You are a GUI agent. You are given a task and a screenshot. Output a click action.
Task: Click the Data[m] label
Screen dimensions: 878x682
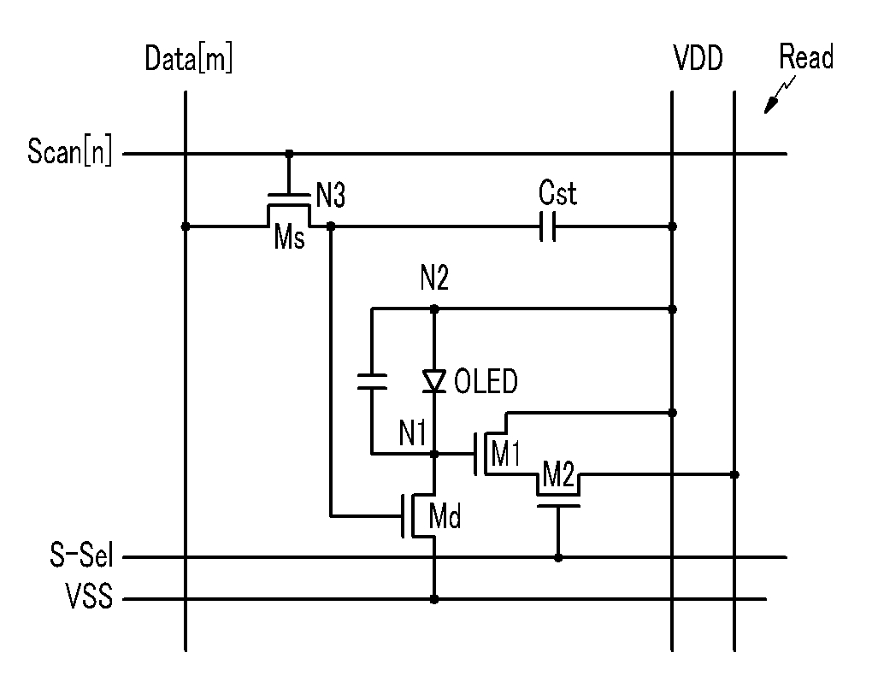click(189, 58)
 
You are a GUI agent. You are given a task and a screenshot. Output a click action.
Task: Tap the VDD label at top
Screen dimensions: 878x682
click(698, 58)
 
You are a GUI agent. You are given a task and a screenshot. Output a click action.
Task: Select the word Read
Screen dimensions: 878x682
click(806, 56)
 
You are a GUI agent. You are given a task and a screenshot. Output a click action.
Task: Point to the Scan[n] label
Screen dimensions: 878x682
click(70, 150)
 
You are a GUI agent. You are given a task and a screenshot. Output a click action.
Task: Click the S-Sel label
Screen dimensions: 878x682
click(81, 555)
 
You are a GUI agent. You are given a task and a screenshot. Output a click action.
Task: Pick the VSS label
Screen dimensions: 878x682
click(90, 596)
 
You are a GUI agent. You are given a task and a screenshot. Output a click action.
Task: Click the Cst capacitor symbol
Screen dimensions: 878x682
click(548, 226)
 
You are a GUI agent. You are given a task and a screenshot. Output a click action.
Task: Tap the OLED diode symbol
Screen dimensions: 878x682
click(434, 381)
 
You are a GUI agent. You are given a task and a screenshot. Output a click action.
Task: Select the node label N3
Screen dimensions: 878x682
click(331, 196)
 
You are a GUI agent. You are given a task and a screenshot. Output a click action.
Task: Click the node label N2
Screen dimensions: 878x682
click(434, 277)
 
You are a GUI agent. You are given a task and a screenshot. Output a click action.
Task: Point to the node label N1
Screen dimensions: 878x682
click(413, 432)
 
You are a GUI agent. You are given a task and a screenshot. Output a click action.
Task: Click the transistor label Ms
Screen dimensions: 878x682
click(290, 237)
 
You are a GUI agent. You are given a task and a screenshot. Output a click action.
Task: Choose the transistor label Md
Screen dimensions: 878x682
click(445, 515)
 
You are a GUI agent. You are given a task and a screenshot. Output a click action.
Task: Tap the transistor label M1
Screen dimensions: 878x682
click(505, 453)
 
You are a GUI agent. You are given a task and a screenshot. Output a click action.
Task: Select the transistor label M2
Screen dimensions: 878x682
click(558, 475)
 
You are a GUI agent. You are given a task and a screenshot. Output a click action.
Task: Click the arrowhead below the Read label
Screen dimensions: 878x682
click(771, 105)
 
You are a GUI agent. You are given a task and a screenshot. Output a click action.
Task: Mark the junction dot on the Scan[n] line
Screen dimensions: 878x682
click(289, 154)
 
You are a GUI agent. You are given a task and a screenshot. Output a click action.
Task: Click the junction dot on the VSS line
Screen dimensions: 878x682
click(434, 599)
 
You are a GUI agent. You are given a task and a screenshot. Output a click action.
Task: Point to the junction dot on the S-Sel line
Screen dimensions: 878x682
click(558, 558)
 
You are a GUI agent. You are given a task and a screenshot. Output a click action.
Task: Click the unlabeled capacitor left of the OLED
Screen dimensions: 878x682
click(371, 381)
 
